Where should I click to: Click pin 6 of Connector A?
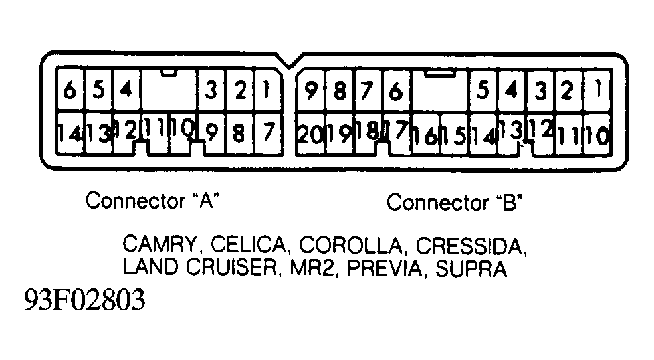point(70,90)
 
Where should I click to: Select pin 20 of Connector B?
point(310,134)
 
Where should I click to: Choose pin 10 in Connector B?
point(597,135)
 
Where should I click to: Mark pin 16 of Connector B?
point(425,135)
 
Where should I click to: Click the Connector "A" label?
point(153,200)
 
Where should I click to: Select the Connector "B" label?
point(455,202)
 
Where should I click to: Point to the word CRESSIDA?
point(471,246)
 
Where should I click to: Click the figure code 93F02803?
point(84,300)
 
